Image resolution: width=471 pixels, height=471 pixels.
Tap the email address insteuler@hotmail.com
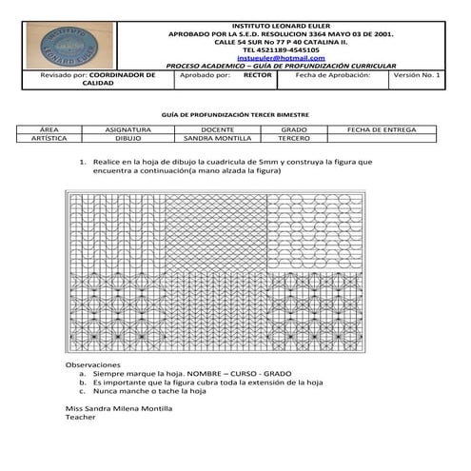(281, 58)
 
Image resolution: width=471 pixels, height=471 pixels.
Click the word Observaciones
(92, 365)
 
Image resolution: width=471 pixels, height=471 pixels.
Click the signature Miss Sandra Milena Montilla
(118, 407)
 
